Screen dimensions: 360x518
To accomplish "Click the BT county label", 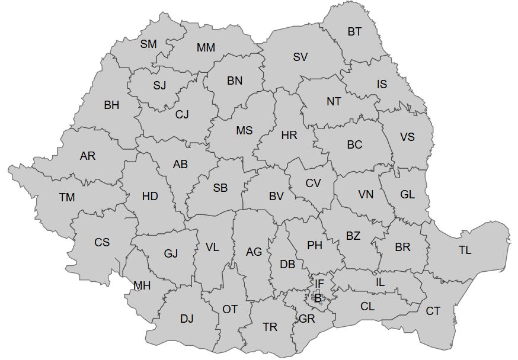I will click(x=354, y=32).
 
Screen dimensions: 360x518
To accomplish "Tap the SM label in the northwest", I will click(x=149, y=44).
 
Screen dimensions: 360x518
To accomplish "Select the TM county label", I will click(x=67, y=197).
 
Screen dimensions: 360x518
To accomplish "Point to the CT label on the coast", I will click(x=433, y=311).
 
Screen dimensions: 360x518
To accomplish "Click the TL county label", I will click(x=465, y=250).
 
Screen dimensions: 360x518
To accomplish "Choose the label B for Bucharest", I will click(x=318, y=298).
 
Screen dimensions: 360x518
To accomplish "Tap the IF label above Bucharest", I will click(x=319, y=284).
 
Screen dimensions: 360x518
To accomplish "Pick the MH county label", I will click(x=142, y=286).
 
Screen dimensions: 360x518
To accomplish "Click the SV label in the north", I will click(x=300, y=57).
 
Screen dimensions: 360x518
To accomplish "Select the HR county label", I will click(x=289, y=136).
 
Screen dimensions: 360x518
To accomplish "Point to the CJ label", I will click(x=182, y=115).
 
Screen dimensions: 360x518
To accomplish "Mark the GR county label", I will click(x=307, y=319).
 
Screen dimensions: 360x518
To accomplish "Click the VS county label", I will click(x=407, y=137).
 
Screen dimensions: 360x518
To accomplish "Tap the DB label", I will click(x=287, y=265).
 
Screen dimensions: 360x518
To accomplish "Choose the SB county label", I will click(x=220, y=188).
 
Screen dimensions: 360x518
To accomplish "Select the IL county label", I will click(x=380, y=282).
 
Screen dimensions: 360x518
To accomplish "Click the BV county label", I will click(x=276, y=196).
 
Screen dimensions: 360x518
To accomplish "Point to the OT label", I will click(x=230, y=309).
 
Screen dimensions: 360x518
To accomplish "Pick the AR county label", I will click(x=88, y=156).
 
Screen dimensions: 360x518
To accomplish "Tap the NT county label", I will click(x=334, y=101).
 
